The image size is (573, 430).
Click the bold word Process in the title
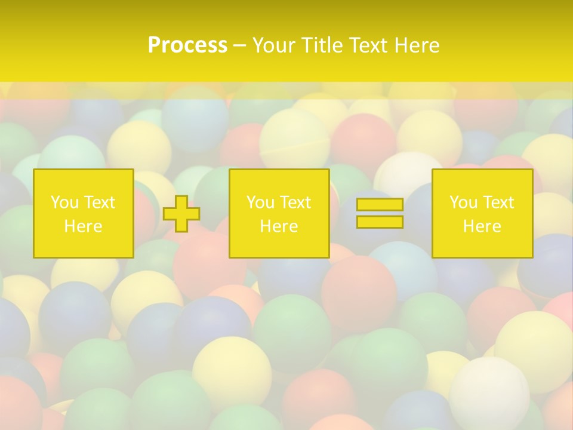[x=187, y=45]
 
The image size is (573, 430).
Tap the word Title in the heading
[x=321, y=45]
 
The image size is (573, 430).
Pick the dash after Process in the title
[x=239, y=46]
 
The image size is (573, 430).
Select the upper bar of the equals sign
[x=380, y=205]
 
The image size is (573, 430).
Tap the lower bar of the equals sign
[x=380, y=222]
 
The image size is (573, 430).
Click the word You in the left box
[x=64, y=202]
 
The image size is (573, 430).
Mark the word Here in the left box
[x=83, y=226]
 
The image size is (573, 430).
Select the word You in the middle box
[x=260, y=202]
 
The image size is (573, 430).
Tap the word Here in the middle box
[x=279, y=226]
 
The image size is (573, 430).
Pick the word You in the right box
[x=463, y=202]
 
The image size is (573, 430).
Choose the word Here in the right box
[x=482, y=226]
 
